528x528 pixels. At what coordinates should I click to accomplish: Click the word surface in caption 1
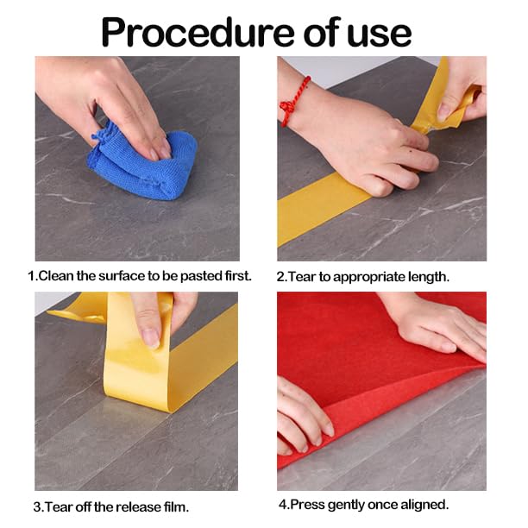coord(120,276)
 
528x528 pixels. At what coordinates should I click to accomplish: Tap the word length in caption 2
coord(428,277)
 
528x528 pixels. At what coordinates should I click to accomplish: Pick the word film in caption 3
coord(174,506)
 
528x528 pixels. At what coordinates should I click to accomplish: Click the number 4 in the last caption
coord(282,504)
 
